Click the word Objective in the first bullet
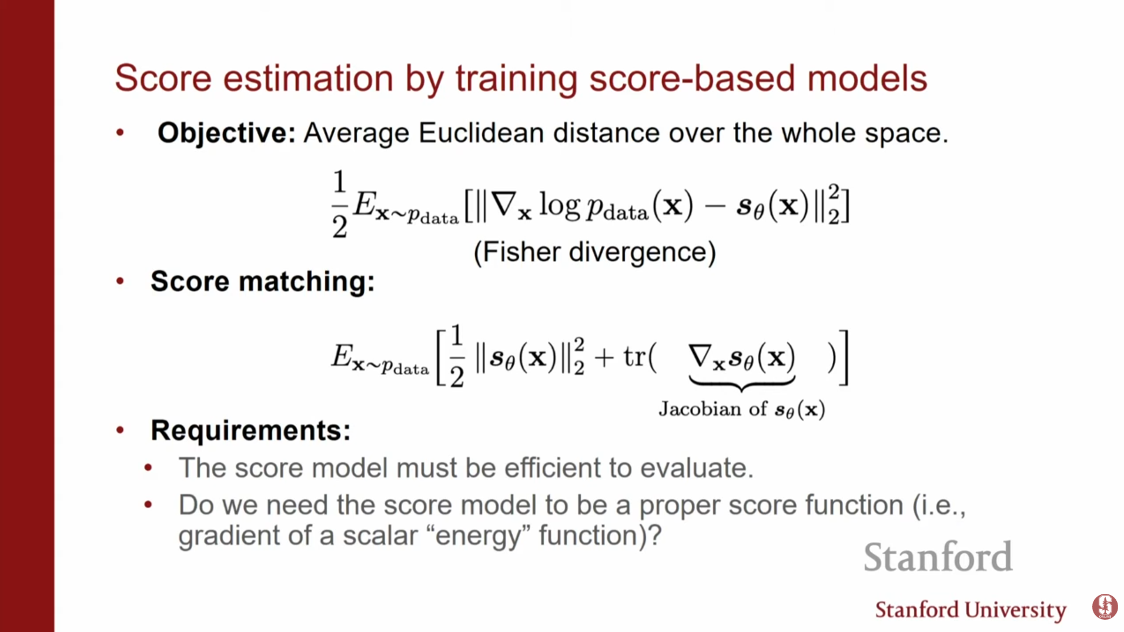tap(226, 133)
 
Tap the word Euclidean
tap(481, 133)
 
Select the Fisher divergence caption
tap(595, 253)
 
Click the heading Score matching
tap(262, 282)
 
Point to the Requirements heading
tap(250, 430)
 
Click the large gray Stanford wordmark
tap(938, 557)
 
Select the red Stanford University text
tap(971, 610)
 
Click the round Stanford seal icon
tap(1105, 606)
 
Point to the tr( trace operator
tap(640, 357)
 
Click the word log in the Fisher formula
tap(560, 206)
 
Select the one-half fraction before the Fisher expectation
tap(340, 204)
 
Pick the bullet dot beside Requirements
tap(121, 430)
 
